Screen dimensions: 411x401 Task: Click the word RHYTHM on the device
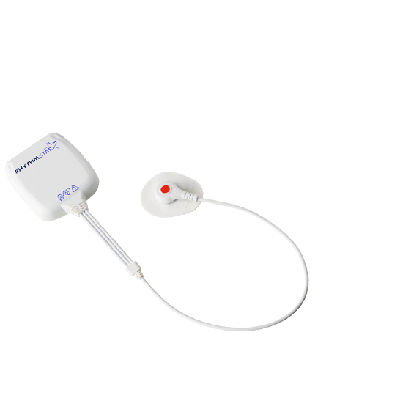[27, 165]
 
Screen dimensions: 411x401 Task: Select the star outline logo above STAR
[51, 146]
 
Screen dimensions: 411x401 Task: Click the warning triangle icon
[75, 188]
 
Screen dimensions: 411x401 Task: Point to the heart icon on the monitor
[67, 192]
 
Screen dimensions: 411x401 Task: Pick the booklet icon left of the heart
[61, 196]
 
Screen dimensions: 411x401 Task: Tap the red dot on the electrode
[165, 189]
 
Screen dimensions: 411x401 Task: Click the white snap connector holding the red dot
[171, 191]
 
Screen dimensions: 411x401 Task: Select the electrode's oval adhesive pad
[171, 194]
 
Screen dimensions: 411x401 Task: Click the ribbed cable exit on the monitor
[75, 206]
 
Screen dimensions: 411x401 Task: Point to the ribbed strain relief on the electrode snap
[190, 196]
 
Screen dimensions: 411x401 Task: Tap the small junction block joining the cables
[134, 270]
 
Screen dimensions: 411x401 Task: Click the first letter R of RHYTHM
[17, 171]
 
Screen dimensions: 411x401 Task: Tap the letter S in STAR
[40, 156]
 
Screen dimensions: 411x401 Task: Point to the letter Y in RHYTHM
[25, 166]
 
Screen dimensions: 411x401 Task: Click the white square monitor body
[51, 176]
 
